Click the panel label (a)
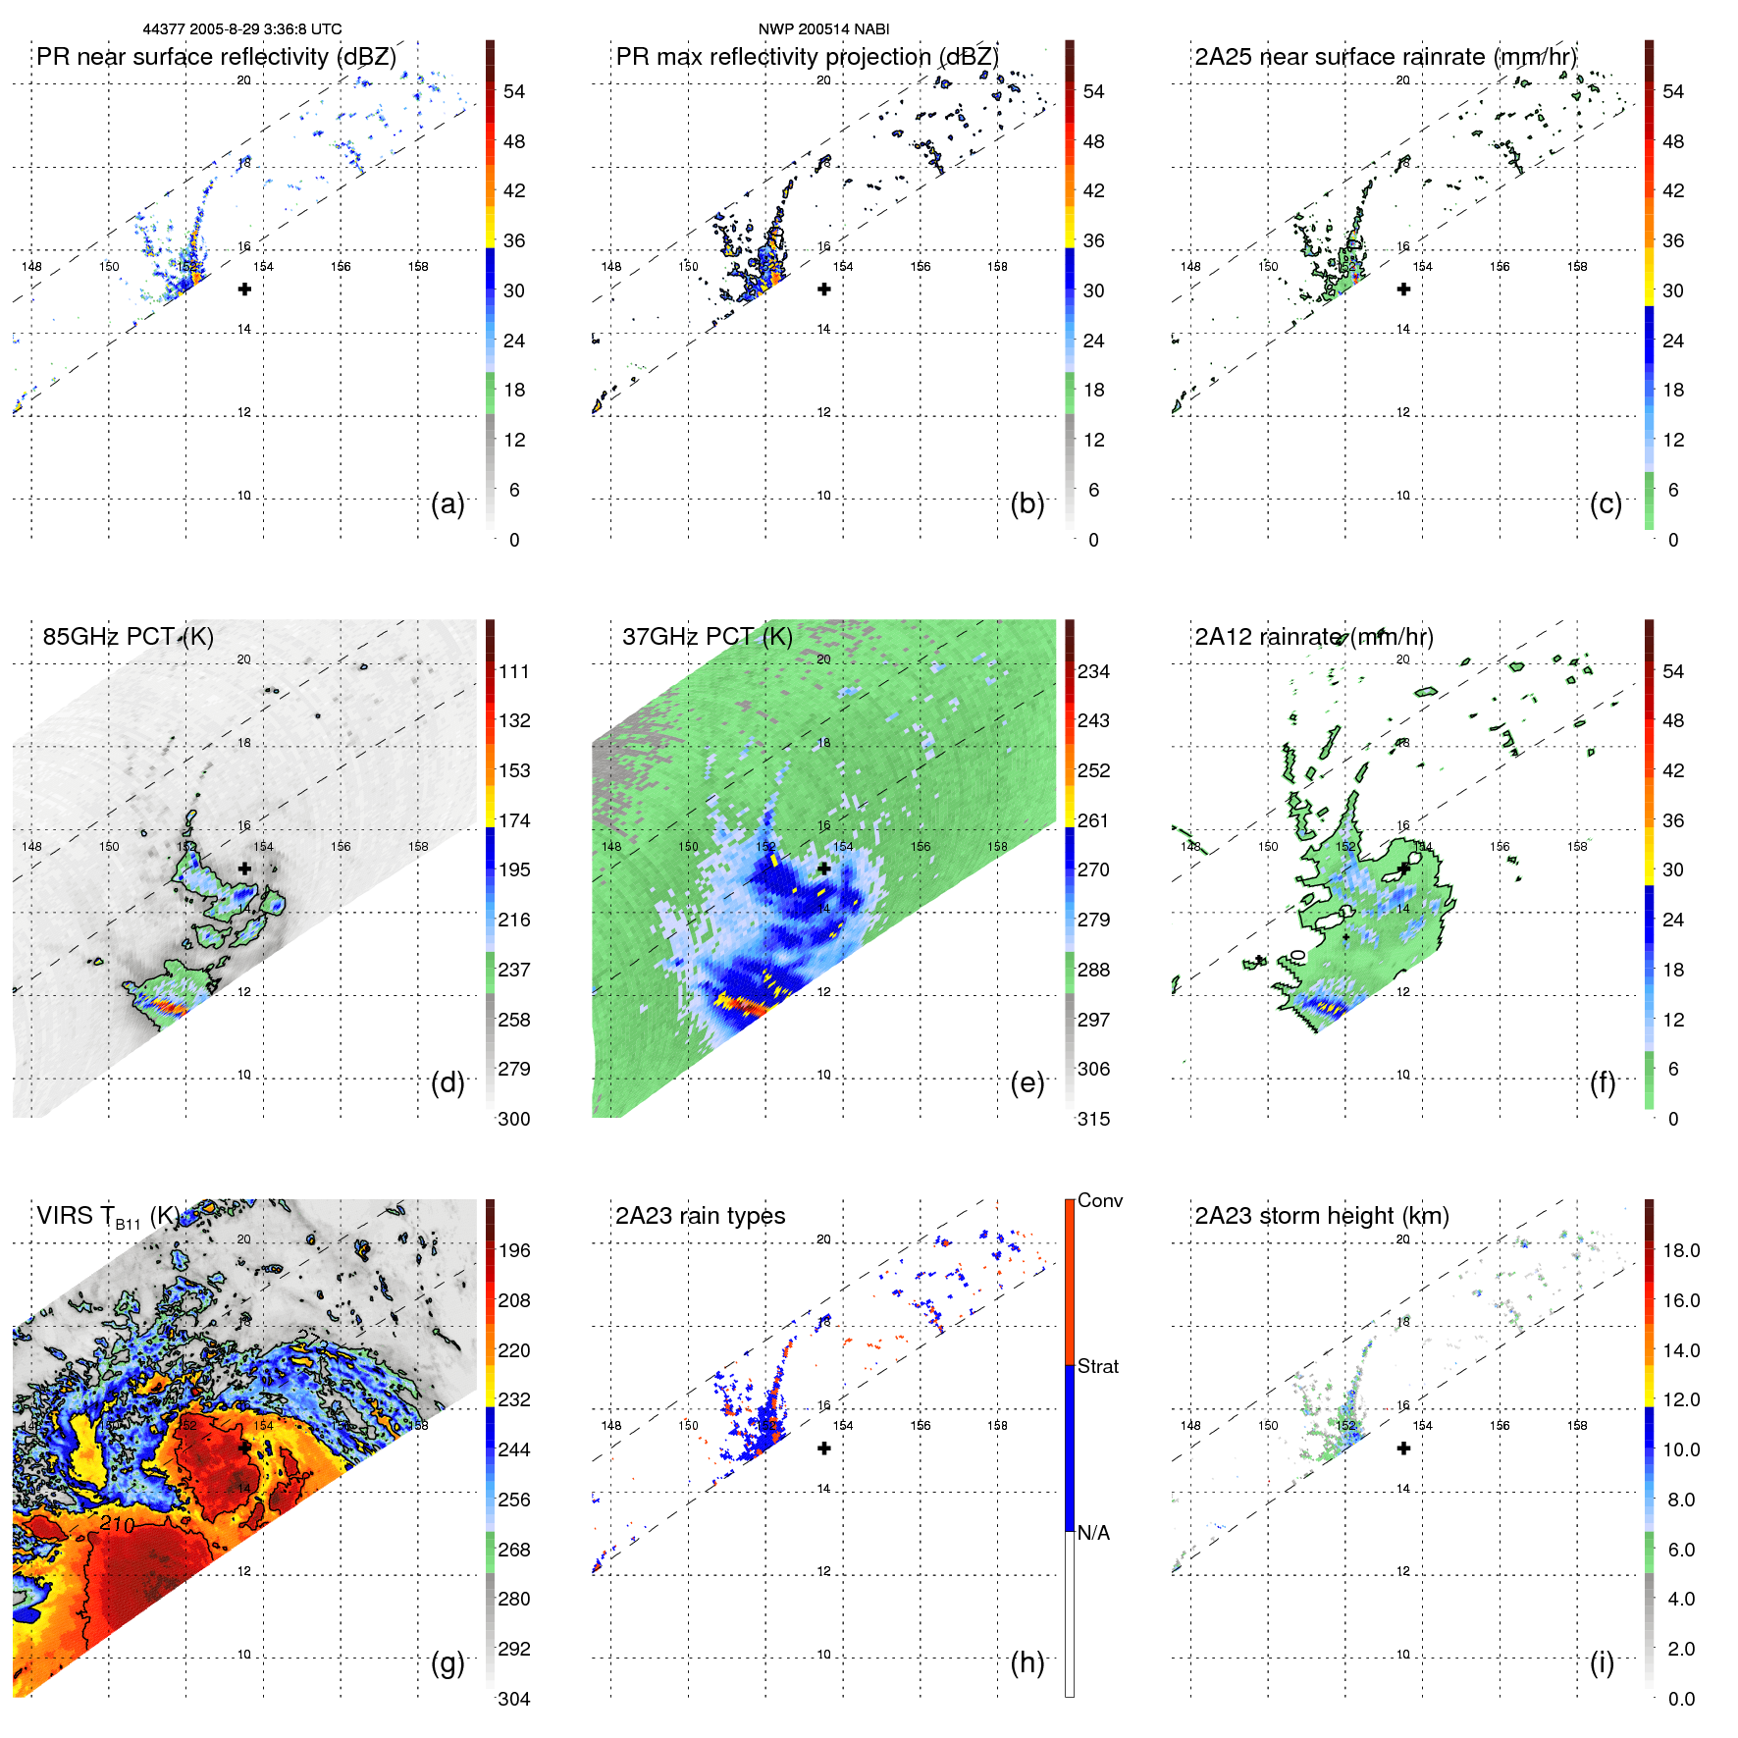coord(448,504)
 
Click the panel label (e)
coord(1027,1083)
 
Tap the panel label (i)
coord(1602,1662)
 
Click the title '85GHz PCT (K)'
coord(128,636)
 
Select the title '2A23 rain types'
coord(700,1216)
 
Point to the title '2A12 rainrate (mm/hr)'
coord(1313,636)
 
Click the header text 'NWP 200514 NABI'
coord(823,29)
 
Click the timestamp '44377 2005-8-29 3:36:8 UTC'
coord(242,29)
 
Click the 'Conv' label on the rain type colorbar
coord(1099,1200)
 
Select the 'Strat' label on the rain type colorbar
coord(1097,1366)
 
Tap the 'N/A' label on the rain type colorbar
coord(1093,1533)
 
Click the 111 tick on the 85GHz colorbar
coord(514,671)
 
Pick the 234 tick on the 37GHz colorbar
coord(1093,671)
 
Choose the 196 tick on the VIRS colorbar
coord(514,1250)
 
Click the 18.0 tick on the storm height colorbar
coord(1680,1250)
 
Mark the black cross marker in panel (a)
coord(244,290)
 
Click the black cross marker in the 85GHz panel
coord(244,869)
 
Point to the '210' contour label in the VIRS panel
coord(117,1524)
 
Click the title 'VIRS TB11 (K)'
coord(108,1217)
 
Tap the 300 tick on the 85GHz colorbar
coord(514,1119)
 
